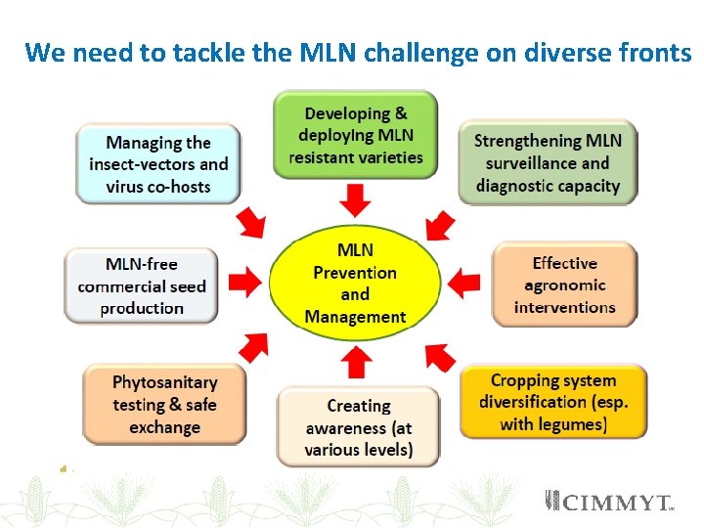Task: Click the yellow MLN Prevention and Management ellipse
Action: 354,284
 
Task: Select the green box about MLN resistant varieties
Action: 355,135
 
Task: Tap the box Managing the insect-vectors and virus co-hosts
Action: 158,163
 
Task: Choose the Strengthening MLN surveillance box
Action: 548,162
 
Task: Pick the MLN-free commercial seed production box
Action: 143,286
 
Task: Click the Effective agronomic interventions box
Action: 564,285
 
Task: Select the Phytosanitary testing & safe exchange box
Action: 164,404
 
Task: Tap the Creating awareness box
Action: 359,427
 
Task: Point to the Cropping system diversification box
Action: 553,402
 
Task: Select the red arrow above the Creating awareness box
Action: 356,362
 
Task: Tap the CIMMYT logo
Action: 608,503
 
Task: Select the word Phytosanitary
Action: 164,381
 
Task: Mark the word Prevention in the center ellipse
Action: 355,273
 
